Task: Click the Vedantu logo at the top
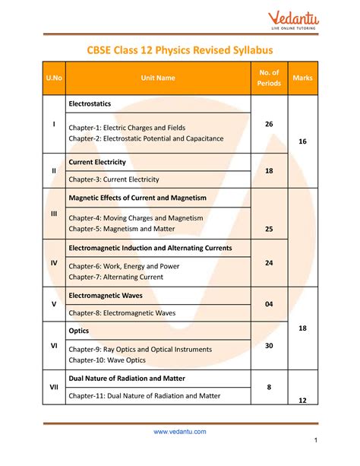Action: (294, 17)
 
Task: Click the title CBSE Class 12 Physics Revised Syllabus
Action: (179, 50)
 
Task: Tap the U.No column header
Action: (54, 78)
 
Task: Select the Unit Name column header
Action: (157, 78)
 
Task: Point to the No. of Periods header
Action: (269, 78)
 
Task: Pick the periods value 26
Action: (269, 124)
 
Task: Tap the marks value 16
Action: (302, 141)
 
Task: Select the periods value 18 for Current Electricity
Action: (269, 172)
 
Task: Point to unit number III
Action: (54, 214)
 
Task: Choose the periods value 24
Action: (269, 262)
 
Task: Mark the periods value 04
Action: (269, 304)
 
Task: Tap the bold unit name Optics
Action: (79, 331)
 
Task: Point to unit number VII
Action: (54, 386)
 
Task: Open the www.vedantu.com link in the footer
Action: (179, 432)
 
